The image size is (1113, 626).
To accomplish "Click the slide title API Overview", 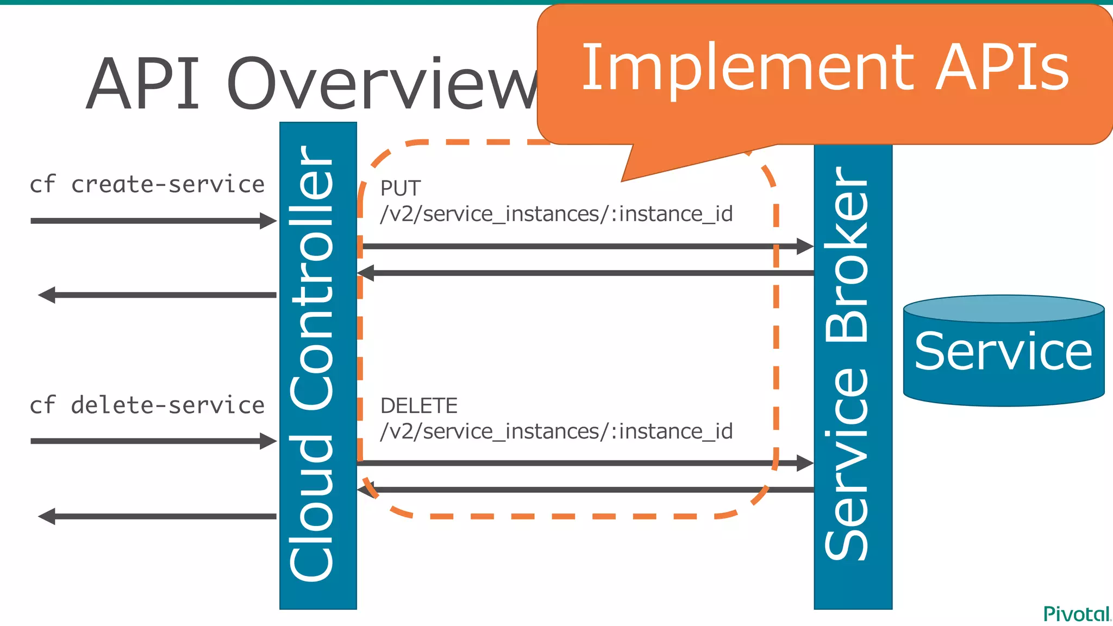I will (x=312, y=84).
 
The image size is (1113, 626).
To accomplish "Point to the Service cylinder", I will (x=1003, y=351).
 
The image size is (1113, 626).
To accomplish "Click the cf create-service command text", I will (x=147, y=185).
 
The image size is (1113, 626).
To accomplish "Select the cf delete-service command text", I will (x=147, y=405).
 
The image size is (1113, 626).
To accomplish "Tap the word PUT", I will (x=401, y=189).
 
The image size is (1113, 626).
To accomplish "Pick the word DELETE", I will (x=419, y=406).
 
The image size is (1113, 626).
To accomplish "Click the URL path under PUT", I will (x=556, y=214).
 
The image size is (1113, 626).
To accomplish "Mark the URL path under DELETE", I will (x=556, y=431).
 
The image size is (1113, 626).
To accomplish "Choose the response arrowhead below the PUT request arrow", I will (x=366, y=273).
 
